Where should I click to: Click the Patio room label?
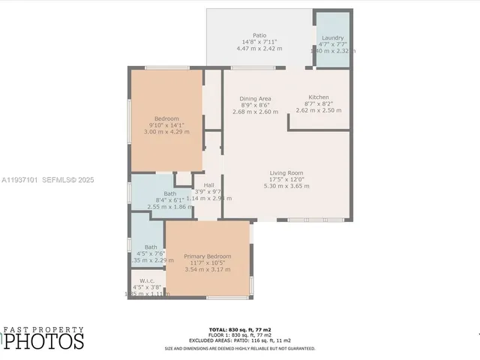tap(259, 35)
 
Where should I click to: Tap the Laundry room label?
tap(332, 38)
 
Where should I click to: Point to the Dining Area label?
tap(255, 99)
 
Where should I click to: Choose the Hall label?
tap(208, 185)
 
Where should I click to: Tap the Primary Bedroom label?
tap(208, 256)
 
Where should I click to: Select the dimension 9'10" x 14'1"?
tap(166, 125)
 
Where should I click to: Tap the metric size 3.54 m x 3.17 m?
tap(208, 268)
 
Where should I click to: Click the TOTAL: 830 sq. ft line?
tap(239, 330)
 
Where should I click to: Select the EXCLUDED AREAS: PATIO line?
tap(239, 340)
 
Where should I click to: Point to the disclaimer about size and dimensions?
tap(239, 348)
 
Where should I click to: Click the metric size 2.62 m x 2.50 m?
tap(319, 110)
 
